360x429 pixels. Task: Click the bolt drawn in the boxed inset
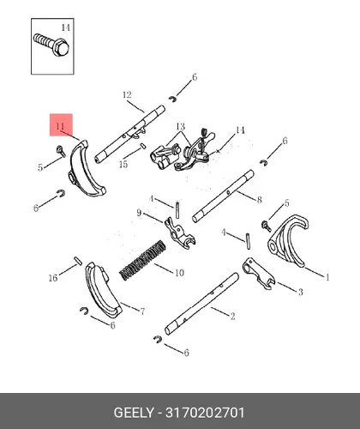tap(51, 45)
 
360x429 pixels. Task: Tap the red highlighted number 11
tap(60, 126)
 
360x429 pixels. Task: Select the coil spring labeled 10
tap(142, 260)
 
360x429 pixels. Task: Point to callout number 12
tap(127, 94)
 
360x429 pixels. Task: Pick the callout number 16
tap(53, 278)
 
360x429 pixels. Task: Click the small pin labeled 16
tap(78, 261)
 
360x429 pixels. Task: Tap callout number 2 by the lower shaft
tap(232, 316)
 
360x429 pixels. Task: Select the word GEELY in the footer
tap(134, 413)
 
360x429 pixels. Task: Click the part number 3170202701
tap(205, 413)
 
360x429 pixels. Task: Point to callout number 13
tap(181, 126)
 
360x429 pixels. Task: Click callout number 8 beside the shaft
tap(259, 199)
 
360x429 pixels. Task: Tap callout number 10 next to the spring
tap(179, 273)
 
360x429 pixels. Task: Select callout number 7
tap(142, 311)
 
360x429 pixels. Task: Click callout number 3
tap(300, 292)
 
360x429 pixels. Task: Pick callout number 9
tap(139, 213)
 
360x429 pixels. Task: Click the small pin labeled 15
tap(143, 146)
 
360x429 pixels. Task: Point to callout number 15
tap(123, 164)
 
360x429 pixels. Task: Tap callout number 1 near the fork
tap(327, 277)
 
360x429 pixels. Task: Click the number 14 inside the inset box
tap(66, 27)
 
